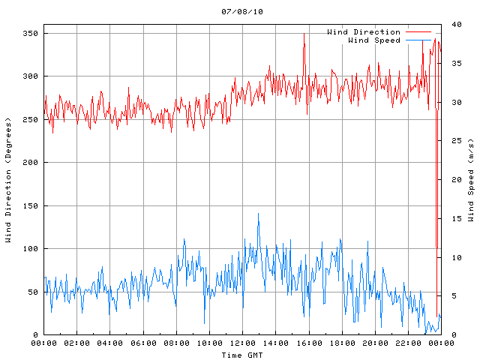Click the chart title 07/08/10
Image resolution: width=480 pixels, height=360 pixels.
[242, 12]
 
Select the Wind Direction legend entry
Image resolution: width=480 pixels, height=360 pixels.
[364, 32]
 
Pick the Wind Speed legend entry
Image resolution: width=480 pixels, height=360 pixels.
[374, 40]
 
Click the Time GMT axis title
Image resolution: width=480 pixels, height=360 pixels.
[242, 355]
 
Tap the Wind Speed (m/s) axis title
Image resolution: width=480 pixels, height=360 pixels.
[471, 180]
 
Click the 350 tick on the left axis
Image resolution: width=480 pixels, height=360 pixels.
[29, 34]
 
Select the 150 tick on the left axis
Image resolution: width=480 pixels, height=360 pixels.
[29, 205]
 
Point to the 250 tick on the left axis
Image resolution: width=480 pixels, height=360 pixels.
[29, 120]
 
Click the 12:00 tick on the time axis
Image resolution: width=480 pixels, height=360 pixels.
[242, 343]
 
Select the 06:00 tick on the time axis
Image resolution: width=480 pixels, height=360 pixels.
[143, 343]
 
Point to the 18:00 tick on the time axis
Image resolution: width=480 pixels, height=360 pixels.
[341, 343]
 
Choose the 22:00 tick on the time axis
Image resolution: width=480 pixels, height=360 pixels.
[407, 343]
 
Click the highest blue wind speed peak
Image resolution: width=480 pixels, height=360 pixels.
[259, 214]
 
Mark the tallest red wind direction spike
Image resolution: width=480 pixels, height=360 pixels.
[304, 34]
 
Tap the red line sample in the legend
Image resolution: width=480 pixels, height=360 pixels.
[418, 32]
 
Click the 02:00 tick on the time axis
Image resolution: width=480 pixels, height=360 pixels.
[77, 343]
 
